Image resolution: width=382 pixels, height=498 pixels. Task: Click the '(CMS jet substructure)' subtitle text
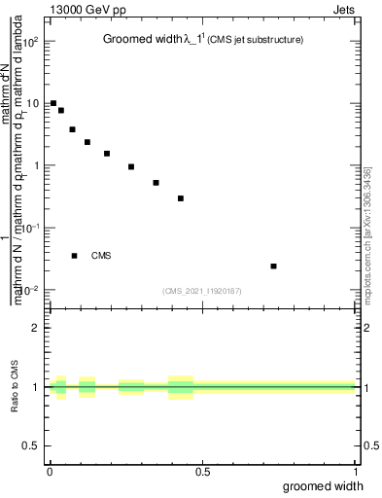(x=256, y=40)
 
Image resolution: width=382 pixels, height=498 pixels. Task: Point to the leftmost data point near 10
(x=53, y=103)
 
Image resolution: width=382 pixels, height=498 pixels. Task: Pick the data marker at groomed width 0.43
(x=181, y=198)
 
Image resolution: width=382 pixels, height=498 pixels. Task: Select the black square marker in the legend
(x=75, y=256)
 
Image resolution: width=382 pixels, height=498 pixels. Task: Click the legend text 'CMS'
(x=101, y=256)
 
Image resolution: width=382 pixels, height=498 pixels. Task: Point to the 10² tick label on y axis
(x=32, y=41)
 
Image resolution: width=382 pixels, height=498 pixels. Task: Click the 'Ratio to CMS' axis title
(x=16, y=402)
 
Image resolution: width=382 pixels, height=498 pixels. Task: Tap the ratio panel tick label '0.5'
(x=33, y=445)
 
